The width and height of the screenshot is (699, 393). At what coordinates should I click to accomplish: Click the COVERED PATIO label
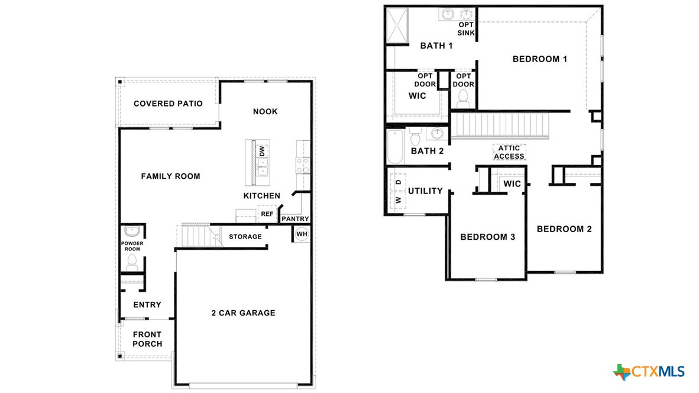pos(168,104)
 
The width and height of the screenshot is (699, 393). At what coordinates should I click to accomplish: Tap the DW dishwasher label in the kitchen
pos(262,151)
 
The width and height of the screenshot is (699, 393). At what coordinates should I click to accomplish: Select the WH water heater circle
pos(302,234)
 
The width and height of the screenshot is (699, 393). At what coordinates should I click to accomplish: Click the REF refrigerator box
pos(267,214)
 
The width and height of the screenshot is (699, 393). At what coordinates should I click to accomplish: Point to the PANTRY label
pos(295,219)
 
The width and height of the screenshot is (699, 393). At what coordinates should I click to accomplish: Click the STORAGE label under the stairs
pos(245,237)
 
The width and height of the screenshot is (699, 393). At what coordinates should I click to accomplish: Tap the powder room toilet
pos(132,261)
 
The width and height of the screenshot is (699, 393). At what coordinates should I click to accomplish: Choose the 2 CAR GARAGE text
pos(244,313)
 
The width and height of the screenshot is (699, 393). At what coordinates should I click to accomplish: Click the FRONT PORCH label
pos(147,339)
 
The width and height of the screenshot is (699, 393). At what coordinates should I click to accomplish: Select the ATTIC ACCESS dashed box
pos(509,152)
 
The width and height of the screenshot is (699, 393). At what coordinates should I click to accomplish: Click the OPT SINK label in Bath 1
pos(465,28)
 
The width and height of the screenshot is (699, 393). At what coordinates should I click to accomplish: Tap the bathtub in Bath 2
pos(394,146)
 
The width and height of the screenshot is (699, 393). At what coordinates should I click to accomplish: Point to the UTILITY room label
pos(425,191)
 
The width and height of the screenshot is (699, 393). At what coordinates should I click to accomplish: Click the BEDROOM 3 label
pos(488,237)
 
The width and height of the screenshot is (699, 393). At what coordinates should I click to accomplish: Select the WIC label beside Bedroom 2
pos(512,184)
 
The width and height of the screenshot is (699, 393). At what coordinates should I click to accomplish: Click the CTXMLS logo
pos(649,372)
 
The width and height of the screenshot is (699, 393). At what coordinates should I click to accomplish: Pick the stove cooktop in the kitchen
pos(303,165)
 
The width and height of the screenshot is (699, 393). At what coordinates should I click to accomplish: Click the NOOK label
pos(265,111)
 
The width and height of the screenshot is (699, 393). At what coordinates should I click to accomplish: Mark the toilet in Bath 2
pos(415,137)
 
